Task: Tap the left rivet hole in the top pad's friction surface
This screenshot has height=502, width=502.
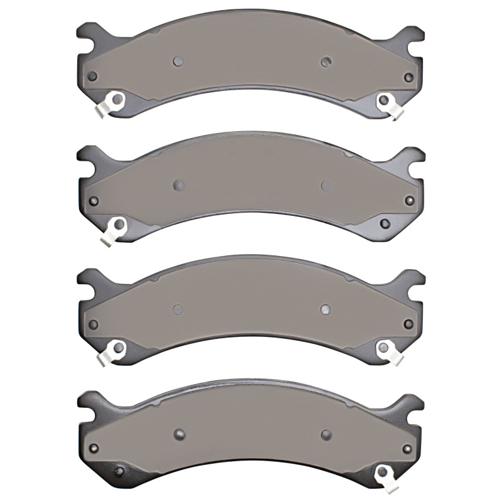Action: point(178,61)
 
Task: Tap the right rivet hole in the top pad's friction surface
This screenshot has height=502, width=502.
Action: point(325,61)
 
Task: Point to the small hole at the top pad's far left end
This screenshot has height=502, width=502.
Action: point(93,77)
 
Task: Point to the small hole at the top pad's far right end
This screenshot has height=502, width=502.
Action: point(409,77)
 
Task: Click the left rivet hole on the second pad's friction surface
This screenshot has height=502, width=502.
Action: point(178,185)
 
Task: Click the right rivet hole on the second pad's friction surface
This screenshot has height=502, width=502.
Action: point(326,185)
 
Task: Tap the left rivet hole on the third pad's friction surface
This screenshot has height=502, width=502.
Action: point(178,309)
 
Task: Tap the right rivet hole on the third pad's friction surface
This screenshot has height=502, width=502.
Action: point(325,308)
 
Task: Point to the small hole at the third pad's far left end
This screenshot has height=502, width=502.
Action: point(93,324)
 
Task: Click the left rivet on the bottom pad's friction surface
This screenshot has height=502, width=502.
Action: point(178,434)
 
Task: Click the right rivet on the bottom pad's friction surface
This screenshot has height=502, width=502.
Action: point(326,434)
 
